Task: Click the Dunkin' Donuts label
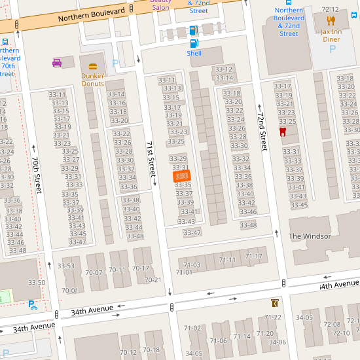pos(93,80)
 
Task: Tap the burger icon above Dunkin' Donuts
pos(93,66)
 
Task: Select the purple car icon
pos(57,63)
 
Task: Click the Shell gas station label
pos(194,53)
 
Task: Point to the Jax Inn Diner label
pos(335,35)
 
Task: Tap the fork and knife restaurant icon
pos(331,21)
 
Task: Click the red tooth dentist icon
pos(283,132)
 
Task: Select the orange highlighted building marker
pos(182,176)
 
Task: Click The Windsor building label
pos(310,236)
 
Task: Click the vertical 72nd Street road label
pos(262,131)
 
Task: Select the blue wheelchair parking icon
pos(32,304)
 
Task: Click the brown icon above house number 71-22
pos(274,304)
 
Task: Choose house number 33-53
pos(65,266)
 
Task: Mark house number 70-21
pos(153,280)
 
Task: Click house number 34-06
pos(278,342)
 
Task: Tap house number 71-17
pos(254,256)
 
